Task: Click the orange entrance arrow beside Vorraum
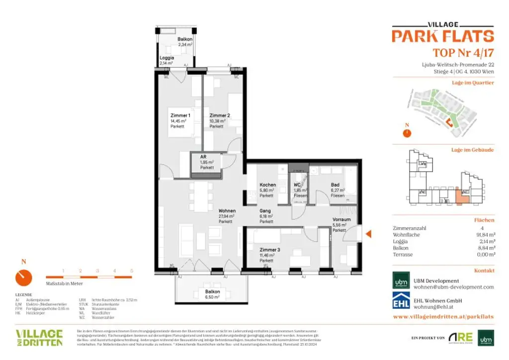pos(368,234)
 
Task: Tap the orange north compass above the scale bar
pos(23,277)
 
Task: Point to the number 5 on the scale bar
pos(131,271)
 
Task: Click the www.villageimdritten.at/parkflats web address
pos(443,316)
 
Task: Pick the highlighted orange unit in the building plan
pos(462,197)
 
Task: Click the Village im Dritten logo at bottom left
pos(39,337)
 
